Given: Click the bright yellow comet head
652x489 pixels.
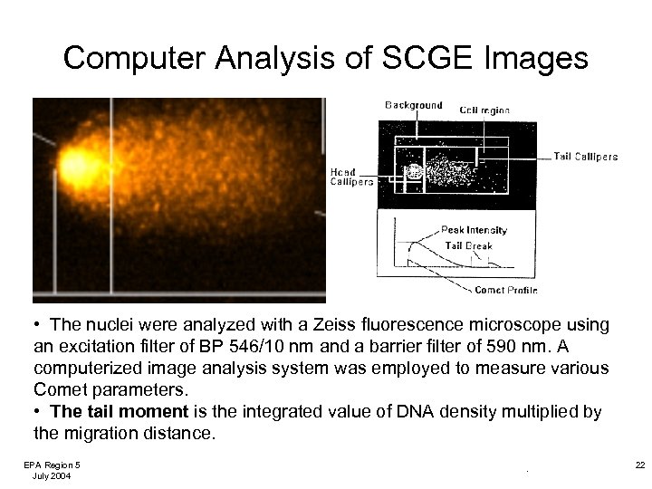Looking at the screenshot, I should point(73,166).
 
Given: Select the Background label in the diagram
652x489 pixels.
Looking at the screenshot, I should point(414,105).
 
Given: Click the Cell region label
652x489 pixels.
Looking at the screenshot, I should point(484,110).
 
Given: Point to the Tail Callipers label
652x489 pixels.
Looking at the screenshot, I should point(586,157).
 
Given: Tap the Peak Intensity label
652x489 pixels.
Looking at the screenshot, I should point(474,230).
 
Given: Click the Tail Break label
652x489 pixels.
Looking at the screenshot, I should point(468,245).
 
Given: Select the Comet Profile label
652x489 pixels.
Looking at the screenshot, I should point(505,290).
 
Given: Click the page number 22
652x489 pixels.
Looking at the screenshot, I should point(639,465).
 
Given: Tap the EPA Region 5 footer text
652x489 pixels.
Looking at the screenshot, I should point(52,465).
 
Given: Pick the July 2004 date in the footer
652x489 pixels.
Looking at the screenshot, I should point(52,475).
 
